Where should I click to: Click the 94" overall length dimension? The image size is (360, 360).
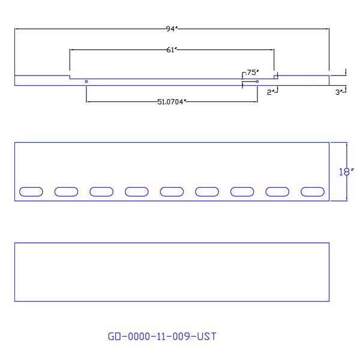172,28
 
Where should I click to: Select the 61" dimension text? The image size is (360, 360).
172,50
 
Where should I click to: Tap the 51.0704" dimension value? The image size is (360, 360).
172,102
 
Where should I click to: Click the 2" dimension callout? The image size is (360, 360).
272,92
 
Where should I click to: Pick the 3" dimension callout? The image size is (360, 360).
340,92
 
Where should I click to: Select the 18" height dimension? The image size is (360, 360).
344,172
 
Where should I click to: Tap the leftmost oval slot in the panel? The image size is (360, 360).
31,191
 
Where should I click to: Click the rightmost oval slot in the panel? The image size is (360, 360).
313,191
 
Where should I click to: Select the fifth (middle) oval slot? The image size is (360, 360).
172,191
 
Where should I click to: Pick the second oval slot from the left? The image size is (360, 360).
67,191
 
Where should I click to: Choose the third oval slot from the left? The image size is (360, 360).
101,191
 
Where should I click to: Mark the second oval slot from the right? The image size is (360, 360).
278,191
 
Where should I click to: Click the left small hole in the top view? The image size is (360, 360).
86,81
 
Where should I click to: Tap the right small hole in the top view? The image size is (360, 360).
257,81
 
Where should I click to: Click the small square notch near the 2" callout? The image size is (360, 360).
276,77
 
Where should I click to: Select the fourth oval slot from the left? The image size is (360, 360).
137,191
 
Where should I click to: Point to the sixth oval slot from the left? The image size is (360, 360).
207,191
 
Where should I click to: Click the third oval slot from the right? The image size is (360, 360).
242,191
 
